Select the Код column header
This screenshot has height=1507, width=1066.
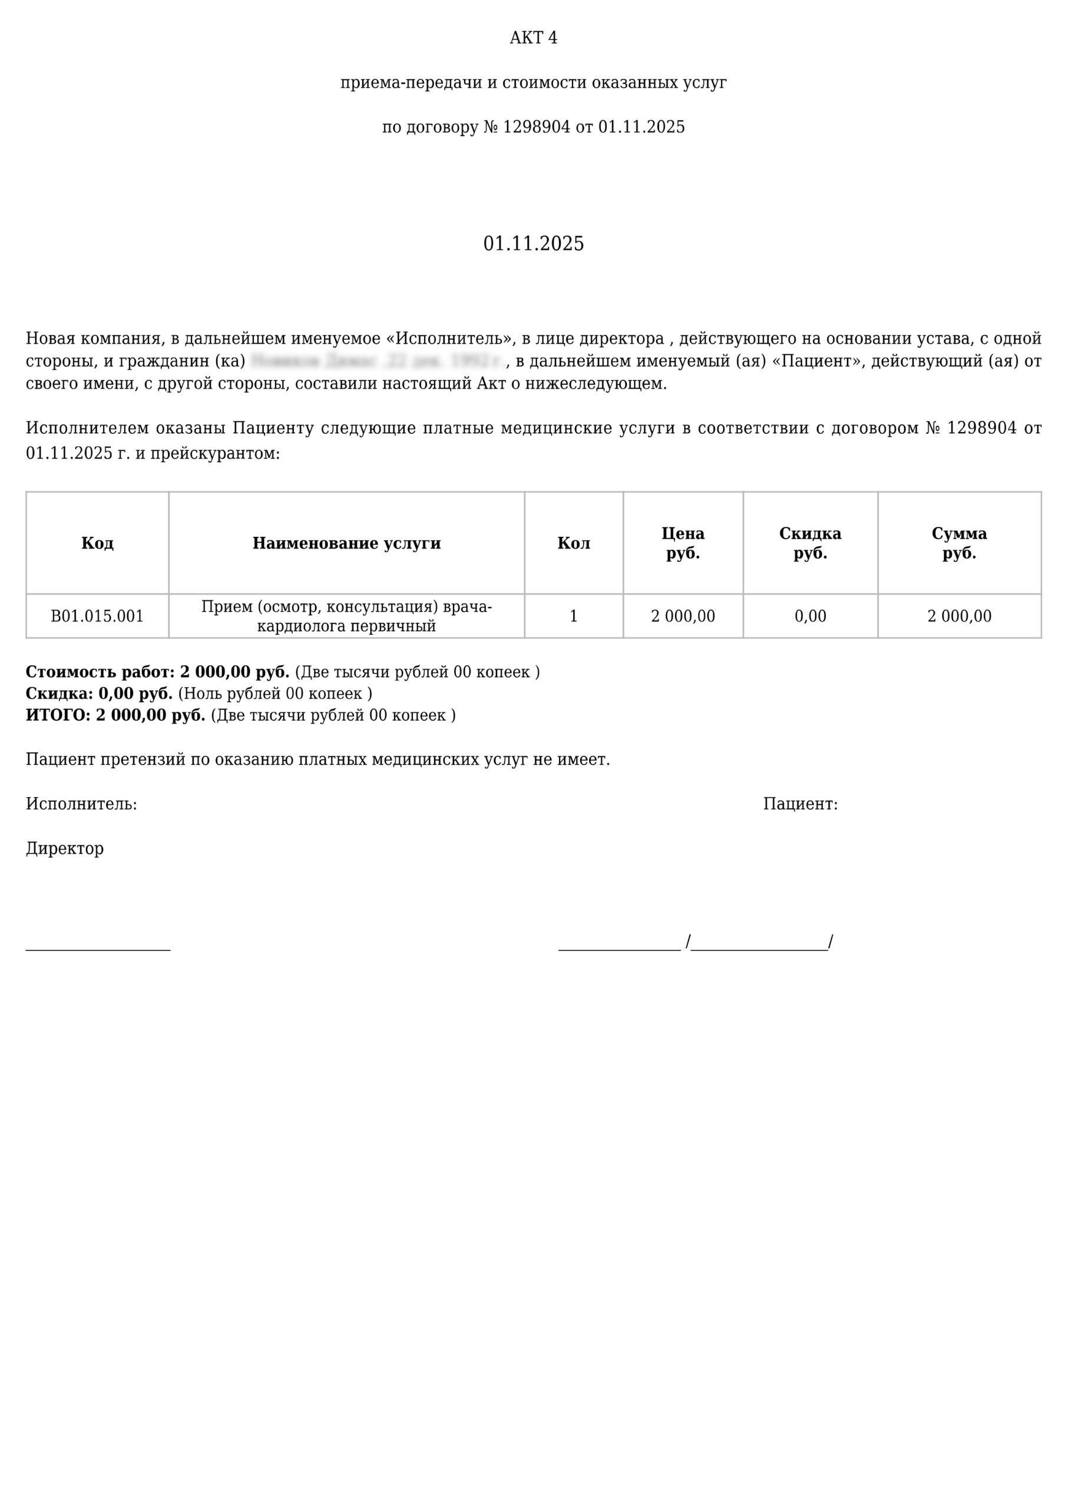point(97,543)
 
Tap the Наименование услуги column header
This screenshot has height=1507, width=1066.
point(346,543)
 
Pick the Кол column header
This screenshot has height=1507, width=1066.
point(574,543)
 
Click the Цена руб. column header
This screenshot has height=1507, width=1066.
point(683,543)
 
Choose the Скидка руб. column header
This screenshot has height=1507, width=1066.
point(810,543)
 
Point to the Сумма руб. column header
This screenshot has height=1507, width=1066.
point(959,543)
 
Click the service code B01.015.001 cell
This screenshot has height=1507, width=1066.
point(97,616)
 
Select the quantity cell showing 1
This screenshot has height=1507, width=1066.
point(574,616)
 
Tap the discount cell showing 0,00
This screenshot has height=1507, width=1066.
point(810,616)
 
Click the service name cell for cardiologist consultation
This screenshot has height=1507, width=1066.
point(346,616)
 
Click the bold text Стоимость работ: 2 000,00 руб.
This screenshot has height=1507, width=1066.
point(158,672)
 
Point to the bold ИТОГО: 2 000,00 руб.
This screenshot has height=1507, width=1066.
point(115,715)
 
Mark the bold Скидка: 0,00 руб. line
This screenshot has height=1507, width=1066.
point(99,693)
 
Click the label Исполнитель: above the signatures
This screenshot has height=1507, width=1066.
point(81,804)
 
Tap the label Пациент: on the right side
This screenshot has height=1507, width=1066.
point(800,804)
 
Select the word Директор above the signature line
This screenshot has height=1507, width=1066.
point(65,848)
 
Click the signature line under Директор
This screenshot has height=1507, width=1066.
point(98,949)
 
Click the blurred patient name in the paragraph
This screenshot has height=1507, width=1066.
point(378,361)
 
